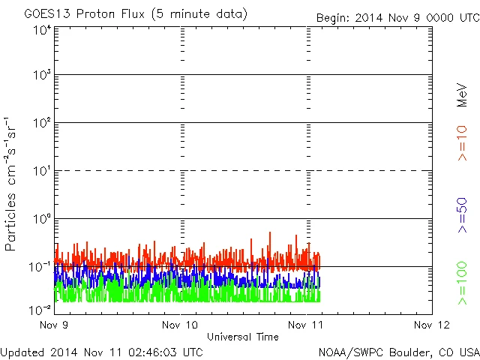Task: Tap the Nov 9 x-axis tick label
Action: (55, 325)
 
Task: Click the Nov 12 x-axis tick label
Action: (432, 325)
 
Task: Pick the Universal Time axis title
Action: (243, 337)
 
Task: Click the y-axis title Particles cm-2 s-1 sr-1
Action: (12, 184)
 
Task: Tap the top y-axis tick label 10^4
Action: (42, 30)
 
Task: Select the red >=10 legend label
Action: (463, 142)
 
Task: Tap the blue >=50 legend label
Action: (463, 214)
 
